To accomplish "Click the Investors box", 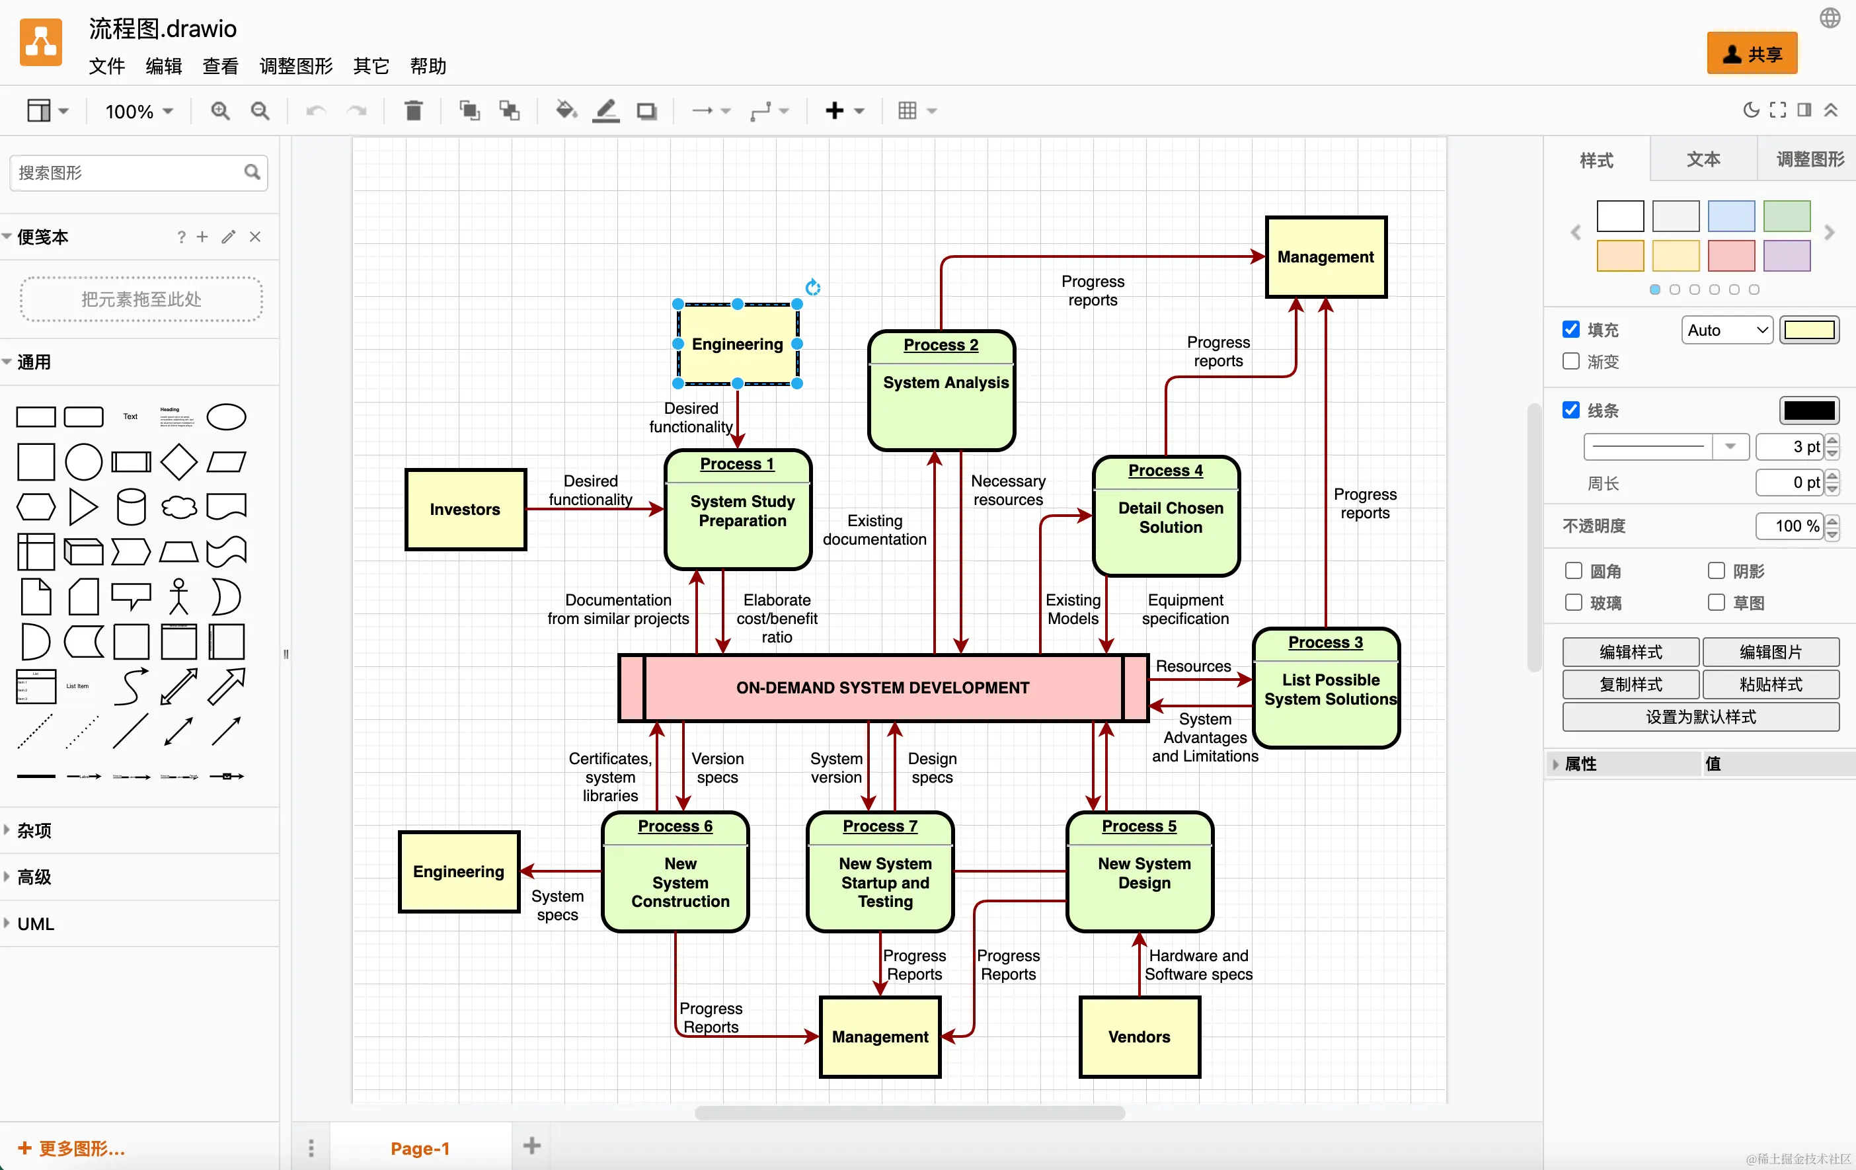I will (x=465, y=510).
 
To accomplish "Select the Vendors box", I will (x=1140, y=1036).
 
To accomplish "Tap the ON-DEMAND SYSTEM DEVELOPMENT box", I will (x=882, y=687).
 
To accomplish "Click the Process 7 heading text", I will (x=880, y=826).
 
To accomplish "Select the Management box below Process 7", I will (x=880, y=1036).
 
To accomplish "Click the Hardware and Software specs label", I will (x=1198, y=965).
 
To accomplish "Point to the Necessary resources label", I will (x=1008, y=490).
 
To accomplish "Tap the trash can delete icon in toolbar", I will (x=414, y=111).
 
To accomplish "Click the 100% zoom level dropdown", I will (x=139, y=112).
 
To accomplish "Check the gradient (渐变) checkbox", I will (x=1571, y=362).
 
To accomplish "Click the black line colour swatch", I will (x=1808, y=410).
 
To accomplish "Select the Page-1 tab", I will (x=420, y=1148).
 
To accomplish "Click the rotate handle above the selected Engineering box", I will (x=813, y=288).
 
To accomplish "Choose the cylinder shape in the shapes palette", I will (x=131, y=507).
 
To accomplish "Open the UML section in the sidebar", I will (x=36, y=923).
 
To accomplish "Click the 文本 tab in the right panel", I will (x=1703, y=159).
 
